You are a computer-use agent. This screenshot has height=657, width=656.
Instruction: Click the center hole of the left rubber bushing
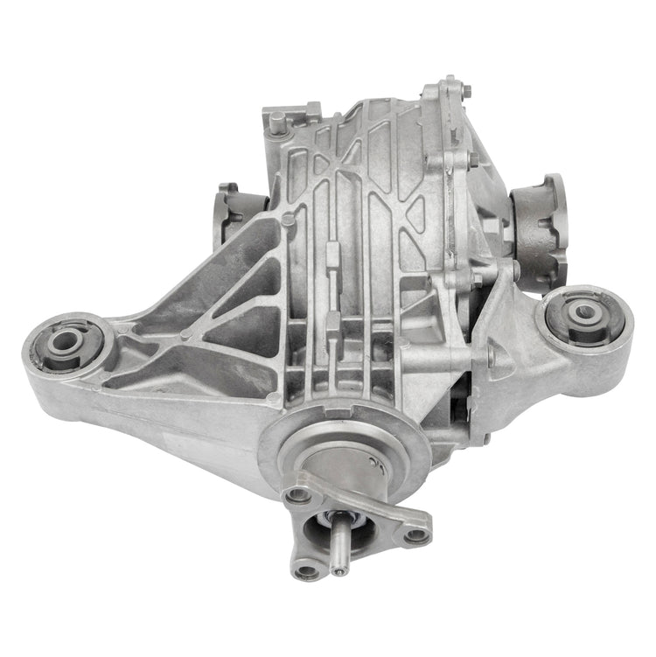point(66,342)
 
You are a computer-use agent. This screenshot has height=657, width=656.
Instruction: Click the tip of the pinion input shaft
point(339,572)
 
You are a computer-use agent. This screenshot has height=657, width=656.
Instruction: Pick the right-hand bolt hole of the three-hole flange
point(416,533)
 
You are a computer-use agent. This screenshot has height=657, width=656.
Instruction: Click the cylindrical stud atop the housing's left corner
point(277,122)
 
